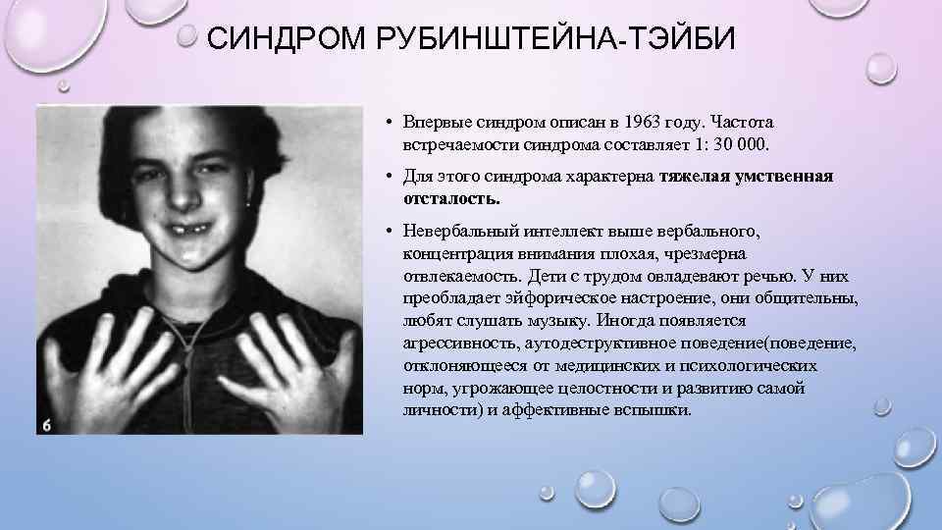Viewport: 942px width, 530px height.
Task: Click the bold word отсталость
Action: pos(450,197)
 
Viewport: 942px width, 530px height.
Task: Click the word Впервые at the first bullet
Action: pos(434,124)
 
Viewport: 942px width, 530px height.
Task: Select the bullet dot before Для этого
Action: pos(390,178)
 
